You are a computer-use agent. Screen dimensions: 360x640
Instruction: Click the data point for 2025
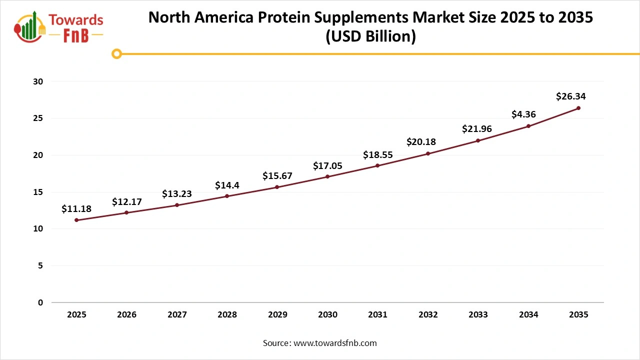pyautogui.click(x=76, y=220)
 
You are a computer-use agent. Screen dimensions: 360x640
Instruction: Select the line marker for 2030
pyautogui.click(x=327, y=176)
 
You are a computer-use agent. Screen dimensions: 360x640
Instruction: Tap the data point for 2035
pyautogui.click(x=578, y=108)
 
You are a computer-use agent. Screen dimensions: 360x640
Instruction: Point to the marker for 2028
pyautogui.click(x=227, y=196)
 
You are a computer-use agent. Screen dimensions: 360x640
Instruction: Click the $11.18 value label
pyautogui.click(x=76, y=209)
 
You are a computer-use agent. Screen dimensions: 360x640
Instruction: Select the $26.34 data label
pyautogui.click(x=570, y=96)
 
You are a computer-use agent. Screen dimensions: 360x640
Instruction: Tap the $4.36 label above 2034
pyautogui.click(x=523, y=114)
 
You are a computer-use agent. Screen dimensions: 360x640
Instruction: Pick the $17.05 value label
pyautogui.click(x=327, y=165)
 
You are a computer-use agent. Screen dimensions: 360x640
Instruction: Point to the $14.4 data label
pyautogui.click(x=227, y=185)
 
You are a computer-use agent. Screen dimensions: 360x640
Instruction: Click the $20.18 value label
pyautogui.click(x=421, y=142)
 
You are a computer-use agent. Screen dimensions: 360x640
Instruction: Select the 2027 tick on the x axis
pyautogui.click(x=177, y=315)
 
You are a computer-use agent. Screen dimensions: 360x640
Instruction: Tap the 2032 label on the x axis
pyautogui.click(x=428, y=315)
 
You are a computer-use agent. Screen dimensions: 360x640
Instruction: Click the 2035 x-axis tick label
pyautogui.click(x=578, y=315)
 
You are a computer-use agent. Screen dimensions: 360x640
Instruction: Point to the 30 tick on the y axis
pyautogui.click(x=38, y=81)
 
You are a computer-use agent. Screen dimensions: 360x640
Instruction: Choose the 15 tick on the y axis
pyautogui.click(x=38, y=192)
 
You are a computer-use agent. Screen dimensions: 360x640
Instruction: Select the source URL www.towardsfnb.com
pyautogui.click(x=334, y=343)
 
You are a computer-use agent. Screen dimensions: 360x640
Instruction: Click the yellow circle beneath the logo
pyautogui.click(x=116, y=53)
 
